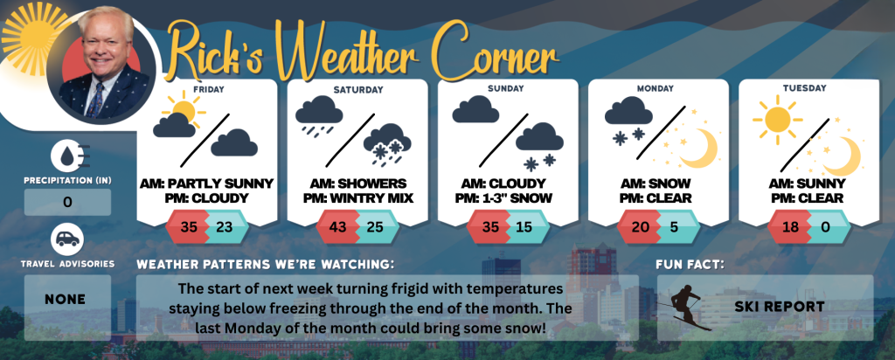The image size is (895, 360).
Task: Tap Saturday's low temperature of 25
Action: click(375, 227)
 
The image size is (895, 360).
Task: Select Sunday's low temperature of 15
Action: click(524, 227)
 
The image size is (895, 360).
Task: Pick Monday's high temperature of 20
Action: click(641, 227)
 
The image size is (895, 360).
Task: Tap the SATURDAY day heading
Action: click(357, 90)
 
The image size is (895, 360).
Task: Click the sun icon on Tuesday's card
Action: click(777, 119)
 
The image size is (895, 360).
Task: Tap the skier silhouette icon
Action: click(685, 307)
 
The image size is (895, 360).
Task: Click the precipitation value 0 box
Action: click(67, 202)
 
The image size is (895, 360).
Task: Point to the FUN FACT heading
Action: click(690, 265)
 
